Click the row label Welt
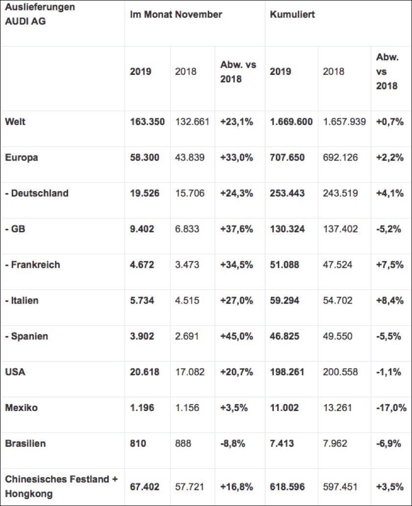[x=15, y=122]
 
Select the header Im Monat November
[x=176, y=15]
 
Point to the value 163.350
[x=147, y=122]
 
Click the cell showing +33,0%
[x=237, y=158]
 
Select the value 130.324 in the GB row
[x=287, y=229]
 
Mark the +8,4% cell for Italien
[x=390, y=301]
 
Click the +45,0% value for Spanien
[x=237, y=337]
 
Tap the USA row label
[x=15, y=372]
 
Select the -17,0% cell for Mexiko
[x=391, y=408]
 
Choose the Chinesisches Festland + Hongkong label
[x=61, y=486]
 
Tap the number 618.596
[x=287, y=486]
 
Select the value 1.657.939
[x=344, y=122]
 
